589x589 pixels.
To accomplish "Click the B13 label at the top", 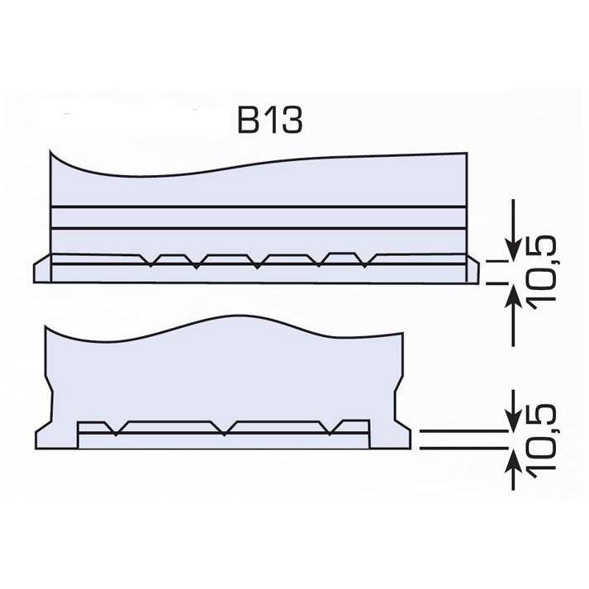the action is point(270,121).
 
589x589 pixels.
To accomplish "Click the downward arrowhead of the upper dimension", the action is point(513,249).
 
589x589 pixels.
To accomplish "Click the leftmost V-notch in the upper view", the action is point(150,261).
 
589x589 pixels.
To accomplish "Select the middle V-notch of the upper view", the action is point(257,262).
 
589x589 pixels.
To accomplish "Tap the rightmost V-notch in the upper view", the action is point(365,261).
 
